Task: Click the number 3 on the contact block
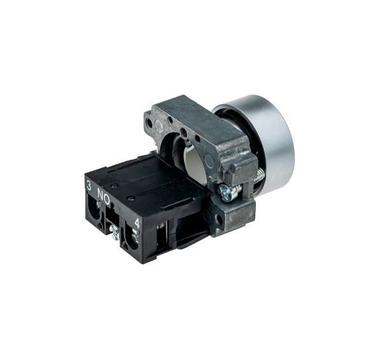89,187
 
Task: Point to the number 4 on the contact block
138,223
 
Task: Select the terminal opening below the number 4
132,238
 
